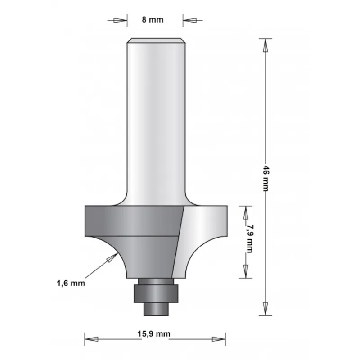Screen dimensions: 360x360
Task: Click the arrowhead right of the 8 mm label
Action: [x=189, y=20]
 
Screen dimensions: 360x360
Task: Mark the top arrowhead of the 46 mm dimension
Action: [x=265, y=45]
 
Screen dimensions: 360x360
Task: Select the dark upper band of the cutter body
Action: [x=130, y=220]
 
